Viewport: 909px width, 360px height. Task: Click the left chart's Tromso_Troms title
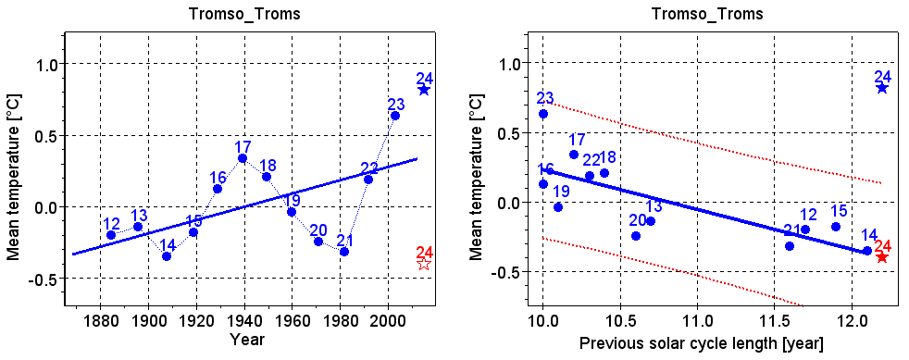pos(249,14)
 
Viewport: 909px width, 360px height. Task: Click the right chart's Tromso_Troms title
pos(707,14)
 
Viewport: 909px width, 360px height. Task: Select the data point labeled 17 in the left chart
pos(243,158)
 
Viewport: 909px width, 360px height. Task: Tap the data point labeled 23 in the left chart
pos(395,116)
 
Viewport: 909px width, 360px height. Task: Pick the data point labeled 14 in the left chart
pos(167,255)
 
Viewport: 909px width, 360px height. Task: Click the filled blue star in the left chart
pos(424,90)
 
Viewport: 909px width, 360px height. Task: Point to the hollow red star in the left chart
pos(424,264)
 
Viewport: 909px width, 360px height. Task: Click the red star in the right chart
pos(882,256)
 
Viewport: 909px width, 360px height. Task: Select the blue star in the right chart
pos(882,88)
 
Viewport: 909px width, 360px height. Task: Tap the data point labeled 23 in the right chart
pos(543,114)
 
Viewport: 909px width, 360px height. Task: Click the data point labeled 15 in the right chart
pos(836,227)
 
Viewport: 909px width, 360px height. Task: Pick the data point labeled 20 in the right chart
pos(636,236)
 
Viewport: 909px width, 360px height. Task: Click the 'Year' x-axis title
pos(248,341)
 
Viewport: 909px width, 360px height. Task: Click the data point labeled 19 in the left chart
pos(292,212)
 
